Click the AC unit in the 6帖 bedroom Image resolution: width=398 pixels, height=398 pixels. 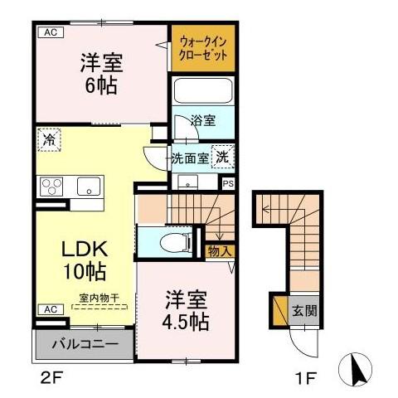(x=51, y=32)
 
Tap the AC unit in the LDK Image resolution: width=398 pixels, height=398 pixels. (x=51, y=309)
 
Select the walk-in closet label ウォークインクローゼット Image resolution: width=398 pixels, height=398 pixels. (x=203, y=49)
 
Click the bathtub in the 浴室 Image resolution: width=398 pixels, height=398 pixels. (x=203, y=90)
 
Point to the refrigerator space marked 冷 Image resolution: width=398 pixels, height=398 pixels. (x=49, y=139)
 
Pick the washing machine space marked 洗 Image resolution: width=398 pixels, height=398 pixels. (x=223, y=157)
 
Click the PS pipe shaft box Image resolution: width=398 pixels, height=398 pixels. (x=228, y=183)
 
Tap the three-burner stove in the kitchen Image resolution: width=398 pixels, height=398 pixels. (x=51, y=187)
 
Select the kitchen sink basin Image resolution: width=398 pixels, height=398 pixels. (x=89, y=187)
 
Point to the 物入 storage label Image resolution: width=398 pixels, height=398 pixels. (x=220, y=251)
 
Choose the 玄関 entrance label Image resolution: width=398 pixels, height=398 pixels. (x=304, y=311)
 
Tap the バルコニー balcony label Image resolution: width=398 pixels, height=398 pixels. (x=85, y=344)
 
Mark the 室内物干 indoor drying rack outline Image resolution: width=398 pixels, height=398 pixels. (x=99, y=307)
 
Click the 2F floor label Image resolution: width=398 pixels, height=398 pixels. (x=52, y=377)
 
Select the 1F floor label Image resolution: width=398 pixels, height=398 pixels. (x=305, y=378)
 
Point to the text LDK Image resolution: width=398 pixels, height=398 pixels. (x=85, y=249)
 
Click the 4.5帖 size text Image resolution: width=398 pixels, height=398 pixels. (x=185, y=323)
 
